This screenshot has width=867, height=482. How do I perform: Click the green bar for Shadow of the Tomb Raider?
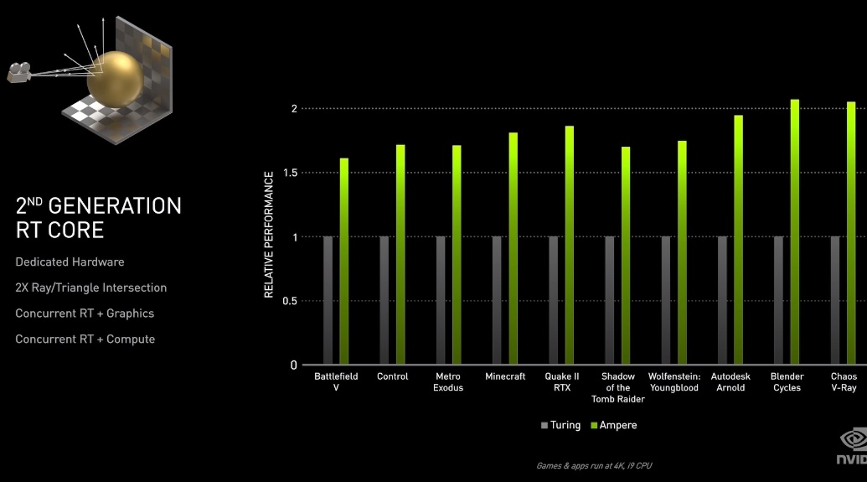625,256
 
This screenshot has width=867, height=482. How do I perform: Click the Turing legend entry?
560,425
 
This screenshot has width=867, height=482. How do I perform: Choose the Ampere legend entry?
613,425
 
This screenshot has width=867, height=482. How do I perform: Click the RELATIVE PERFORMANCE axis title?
269,235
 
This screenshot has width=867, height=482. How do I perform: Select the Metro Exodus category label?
448,382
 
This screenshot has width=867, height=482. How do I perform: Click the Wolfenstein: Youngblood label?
673,382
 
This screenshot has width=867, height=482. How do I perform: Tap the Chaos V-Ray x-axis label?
844,382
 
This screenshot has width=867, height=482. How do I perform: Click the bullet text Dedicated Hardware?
70,262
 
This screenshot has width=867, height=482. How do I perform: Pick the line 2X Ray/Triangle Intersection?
90,288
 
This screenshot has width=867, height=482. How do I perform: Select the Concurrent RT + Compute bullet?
85,339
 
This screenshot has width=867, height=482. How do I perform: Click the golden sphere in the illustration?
114,78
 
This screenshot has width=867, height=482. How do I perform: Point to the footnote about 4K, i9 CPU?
593,465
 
